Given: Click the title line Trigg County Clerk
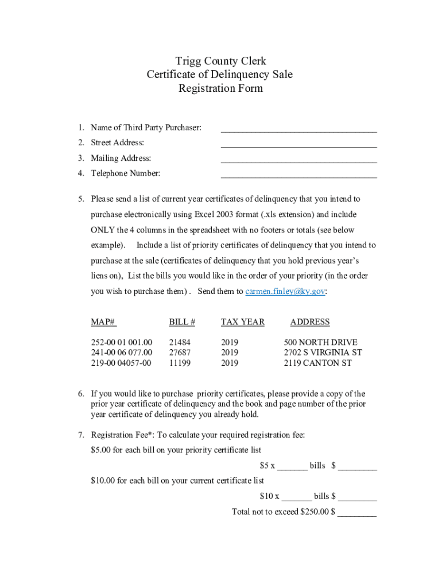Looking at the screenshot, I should pyautogui.click(x=220, y=61).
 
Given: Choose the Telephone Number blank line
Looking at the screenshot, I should pyautogui.click(x=298, y=176).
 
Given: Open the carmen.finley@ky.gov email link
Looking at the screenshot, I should pyautogui.click(x=285, y=291).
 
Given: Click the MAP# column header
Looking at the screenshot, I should pyautogui.click(x=104, y=322).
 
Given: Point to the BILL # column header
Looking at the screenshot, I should pyautogui.click(x=182, y=322).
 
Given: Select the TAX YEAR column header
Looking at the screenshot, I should pyautogui.click(x=242, y=322).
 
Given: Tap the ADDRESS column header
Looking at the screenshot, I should pyautogui.click(x=310, y=322).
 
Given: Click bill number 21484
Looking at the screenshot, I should pyautogui.click(x=180, y=343).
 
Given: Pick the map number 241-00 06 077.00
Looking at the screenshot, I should pyautogui.click(x=122, y=353).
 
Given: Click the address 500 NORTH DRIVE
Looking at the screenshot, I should pyautogui.click(x=321, y=343).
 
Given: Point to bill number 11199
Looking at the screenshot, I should pyautogui.click(x=180, y=363).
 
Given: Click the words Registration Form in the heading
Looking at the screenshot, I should pyautogui.click(x=220, y=88).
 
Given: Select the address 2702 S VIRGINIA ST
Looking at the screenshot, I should pyautogui.click(x=323, y=353).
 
